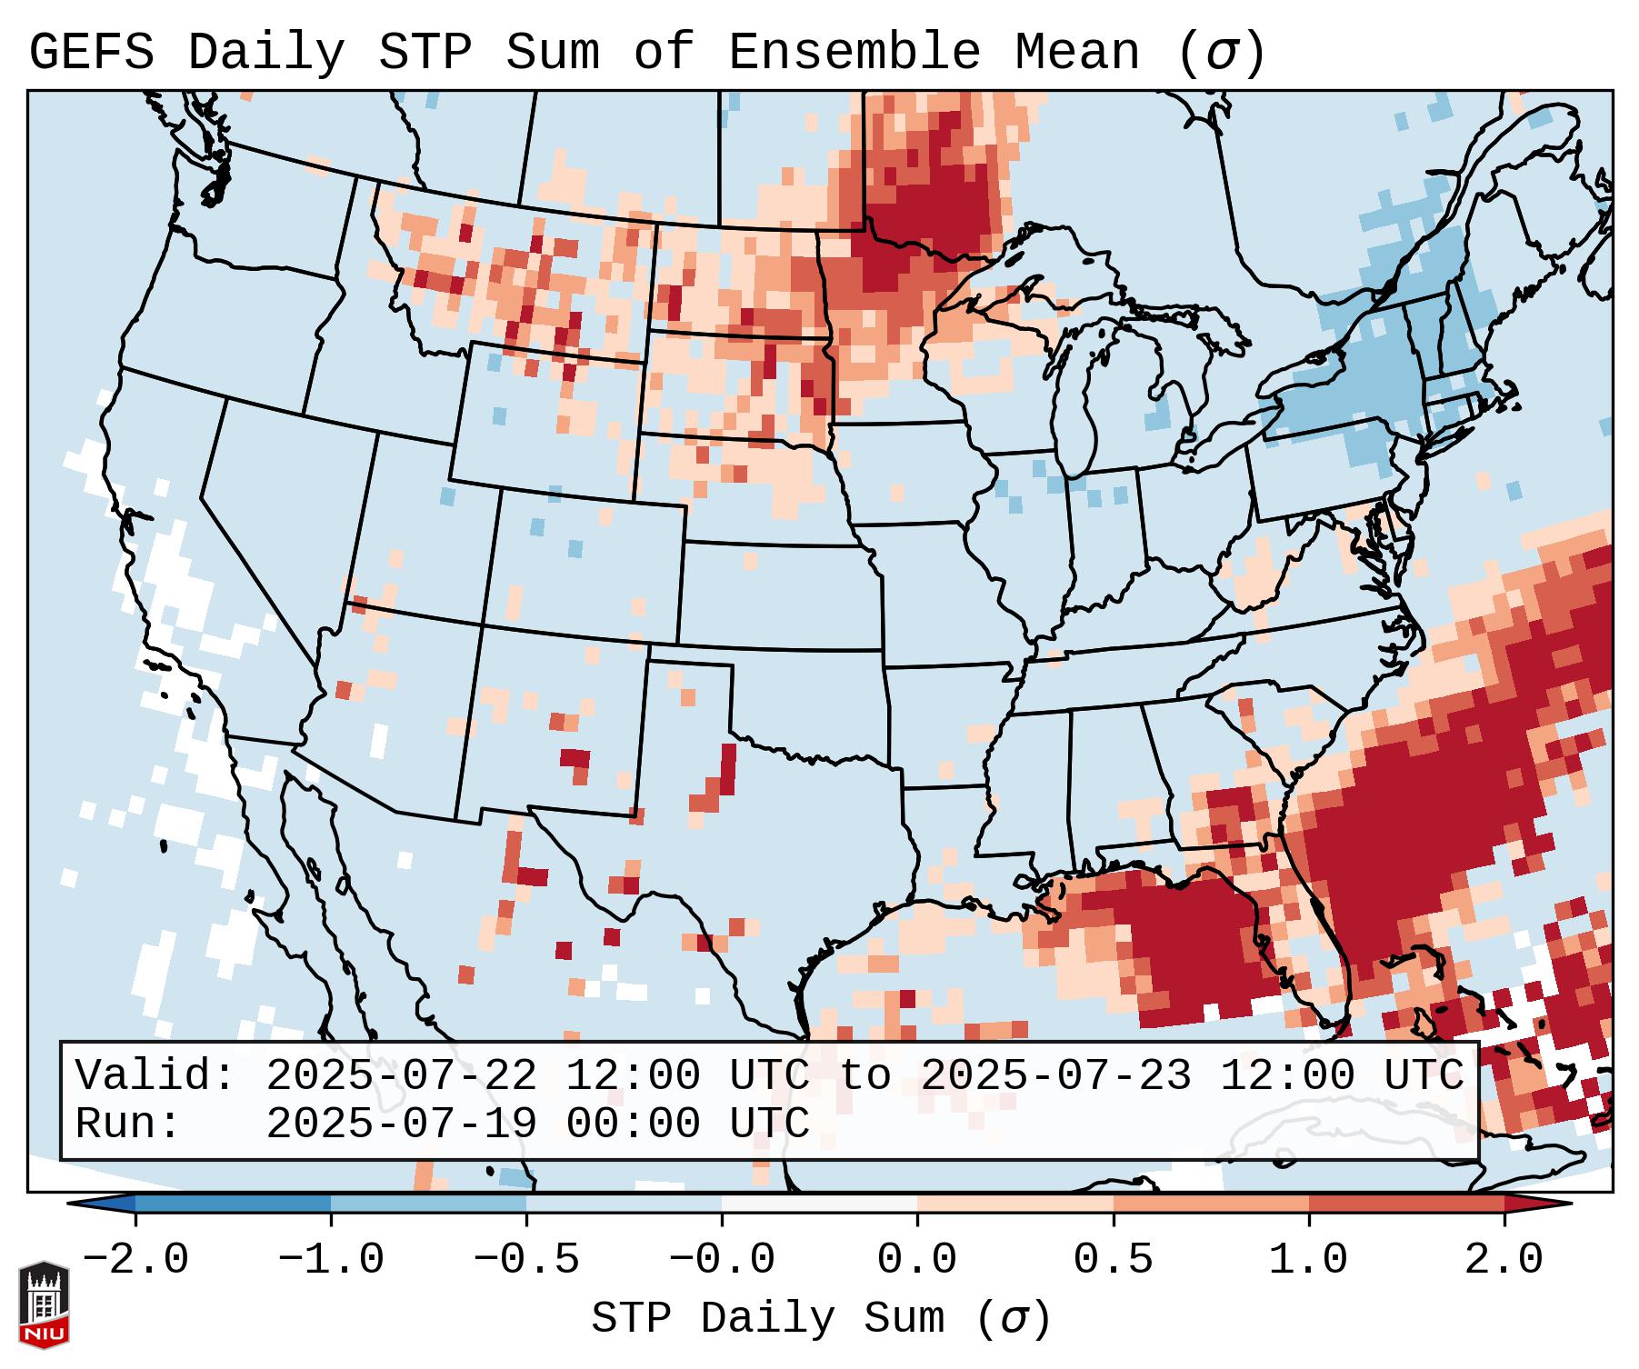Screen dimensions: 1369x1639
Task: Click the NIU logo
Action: point(44,1304)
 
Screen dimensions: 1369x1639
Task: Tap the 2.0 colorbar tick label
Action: point(1504,1260)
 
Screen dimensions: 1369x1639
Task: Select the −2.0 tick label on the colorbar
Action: point(135,1260)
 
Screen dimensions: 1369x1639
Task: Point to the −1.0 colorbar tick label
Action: point(331,1260)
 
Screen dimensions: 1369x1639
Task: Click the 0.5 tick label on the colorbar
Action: point(1113,1260)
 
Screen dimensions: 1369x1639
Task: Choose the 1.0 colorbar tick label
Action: point(1308,1260)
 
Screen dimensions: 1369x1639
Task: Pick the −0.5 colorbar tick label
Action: point(526,1260)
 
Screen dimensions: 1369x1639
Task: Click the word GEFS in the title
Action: point(91,52)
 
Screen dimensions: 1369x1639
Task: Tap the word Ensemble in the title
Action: point(854,52)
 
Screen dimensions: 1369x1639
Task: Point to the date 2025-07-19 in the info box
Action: point(402,1124)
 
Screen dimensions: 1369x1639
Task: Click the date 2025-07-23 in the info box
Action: point(1056,1076)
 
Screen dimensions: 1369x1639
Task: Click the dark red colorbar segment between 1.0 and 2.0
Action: point(1405,1204)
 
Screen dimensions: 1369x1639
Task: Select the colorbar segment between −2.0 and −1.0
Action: point(233,1204)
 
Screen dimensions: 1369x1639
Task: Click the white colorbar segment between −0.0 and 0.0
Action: point(819,1204)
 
